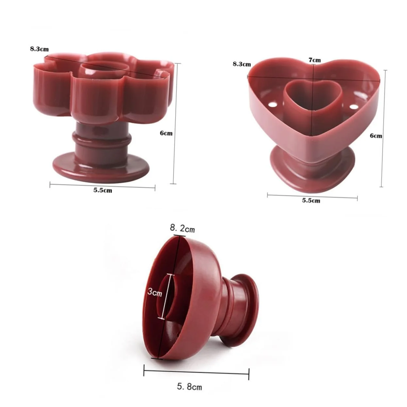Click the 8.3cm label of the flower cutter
tap(39, 49)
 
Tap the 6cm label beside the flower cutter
tap(166, 133)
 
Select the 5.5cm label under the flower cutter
tap(103, 190)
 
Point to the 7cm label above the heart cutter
tap(315, 60)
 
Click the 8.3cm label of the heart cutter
tap(242, 64)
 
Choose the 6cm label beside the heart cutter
tap(376, 136)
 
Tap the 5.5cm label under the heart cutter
tap(311, 200)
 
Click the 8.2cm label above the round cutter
tap(182, 229)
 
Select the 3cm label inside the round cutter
tap(155, 292)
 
